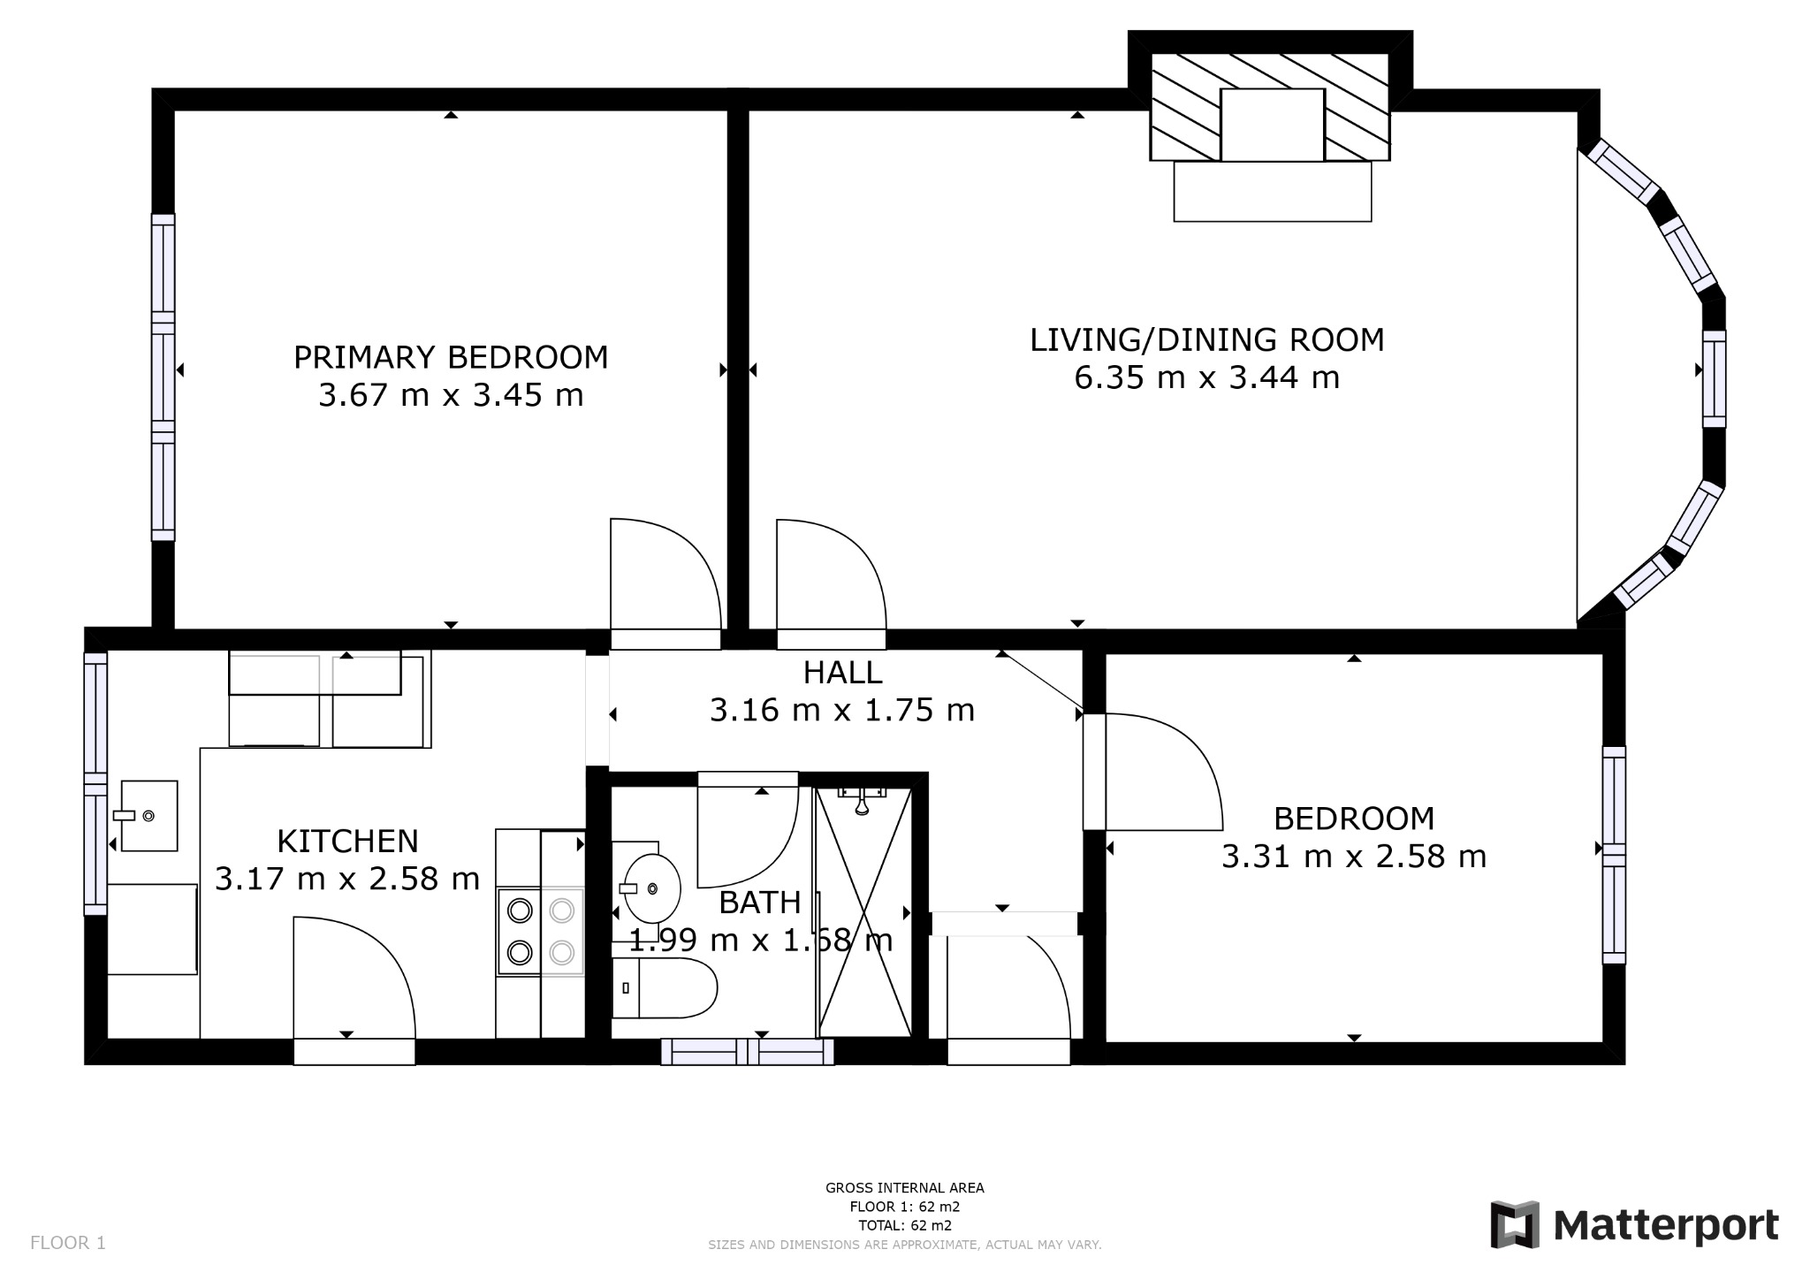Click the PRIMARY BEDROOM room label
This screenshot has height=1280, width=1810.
451,357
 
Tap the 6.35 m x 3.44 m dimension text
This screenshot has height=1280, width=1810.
1206,377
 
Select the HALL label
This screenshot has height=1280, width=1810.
842,673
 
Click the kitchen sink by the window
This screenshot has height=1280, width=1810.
148,815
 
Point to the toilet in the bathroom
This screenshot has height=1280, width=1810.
664,987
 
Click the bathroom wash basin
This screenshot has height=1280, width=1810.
652,888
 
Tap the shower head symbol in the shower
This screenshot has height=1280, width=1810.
862,804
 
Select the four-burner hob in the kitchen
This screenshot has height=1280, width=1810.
540,932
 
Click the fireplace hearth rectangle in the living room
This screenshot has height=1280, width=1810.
1272,191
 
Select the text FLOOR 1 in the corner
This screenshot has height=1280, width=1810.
68,1243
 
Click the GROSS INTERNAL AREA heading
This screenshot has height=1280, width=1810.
904,1188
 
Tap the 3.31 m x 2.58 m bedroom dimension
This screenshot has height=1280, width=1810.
1353,857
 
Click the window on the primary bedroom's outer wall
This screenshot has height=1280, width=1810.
163,377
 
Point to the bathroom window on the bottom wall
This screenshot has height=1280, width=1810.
748,1051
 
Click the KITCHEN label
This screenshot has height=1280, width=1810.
347,840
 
